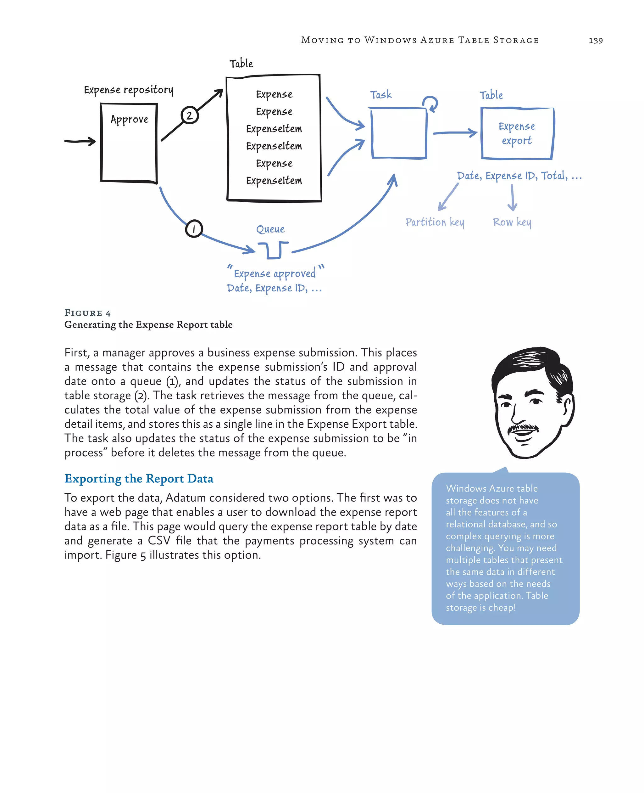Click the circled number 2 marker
click(x=190, y=115)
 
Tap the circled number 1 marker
click(x=194, y=229)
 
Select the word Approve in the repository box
click(x=129, y=120)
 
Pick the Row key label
click(x=512, y=222)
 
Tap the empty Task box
click(x=399, y=133)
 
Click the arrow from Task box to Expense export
click(x=455, y=132)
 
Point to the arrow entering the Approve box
click(x=80, y=141)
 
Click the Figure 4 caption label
click(x=87, y=313)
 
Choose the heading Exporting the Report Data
click(x=139, y=479)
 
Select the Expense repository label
click(x=128, y=90)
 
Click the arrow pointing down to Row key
click(x=512, y=198)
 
